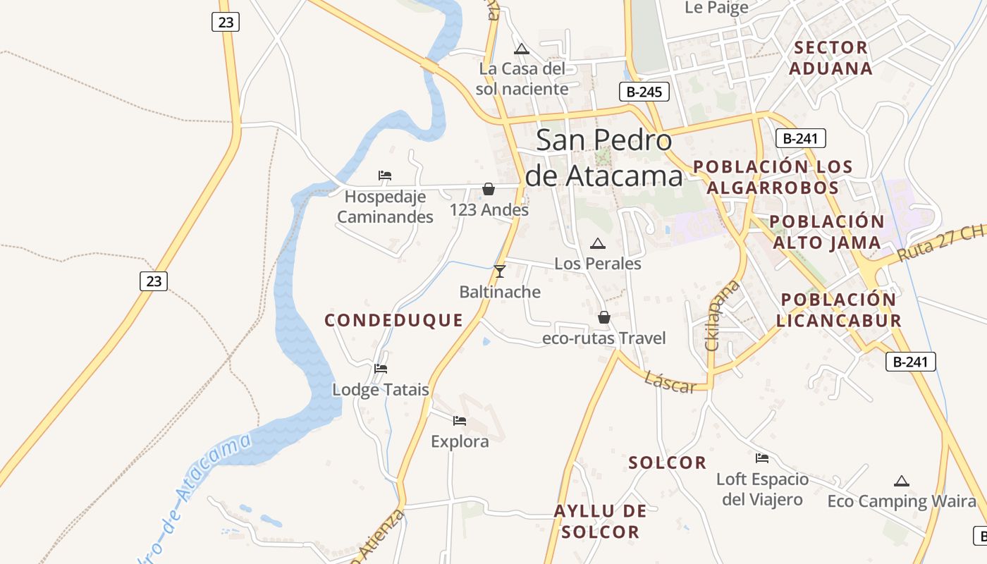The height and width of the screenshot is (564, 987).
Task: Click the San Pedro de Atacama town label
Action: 604,158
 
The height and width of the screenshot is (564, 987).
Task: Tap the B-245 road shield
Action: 644,92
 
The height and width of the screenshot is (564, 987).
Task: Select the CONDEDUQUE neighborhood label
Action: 393,321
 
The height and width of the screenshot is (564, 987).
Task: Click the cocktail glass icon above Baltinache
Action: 500,271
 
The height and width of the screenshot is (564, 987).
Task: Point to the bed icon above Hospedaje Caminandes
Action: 385,176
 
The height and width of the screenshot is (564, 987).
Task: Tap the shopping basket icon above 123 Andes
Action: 488,189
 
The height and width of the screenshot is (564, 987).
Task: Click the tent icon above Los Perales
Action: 598,244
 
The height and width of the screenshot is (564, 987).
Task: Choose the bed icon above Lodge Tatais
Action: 381,369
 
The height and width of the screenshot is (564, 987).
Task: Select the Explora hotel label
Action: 460,442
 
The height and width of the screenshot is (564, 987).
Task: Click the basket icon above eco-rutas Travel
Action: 604,318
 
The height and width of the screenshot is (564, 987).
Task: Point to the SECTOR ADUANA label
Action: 830,58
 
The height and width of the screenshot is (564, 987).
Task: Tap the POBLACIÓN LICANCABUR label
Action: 838,310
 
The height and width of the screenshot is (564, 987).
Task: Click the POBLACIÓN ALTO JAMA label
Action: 826,232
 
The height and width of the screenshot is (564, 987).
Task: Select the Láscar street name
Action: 670,381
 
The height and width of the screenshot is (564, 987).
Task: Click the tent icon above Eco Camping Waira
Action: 901,482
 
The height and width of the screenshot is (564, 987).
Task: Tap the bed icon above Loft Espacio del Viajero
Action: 762,458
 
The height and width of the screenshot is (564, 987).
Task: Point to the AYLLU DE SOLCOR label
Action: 601,522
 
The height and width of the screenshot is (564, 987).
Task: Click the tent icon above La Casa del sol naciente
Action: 522,49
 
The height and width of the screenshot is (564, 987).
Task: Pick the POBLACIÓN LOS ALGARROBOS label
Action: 773,177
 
